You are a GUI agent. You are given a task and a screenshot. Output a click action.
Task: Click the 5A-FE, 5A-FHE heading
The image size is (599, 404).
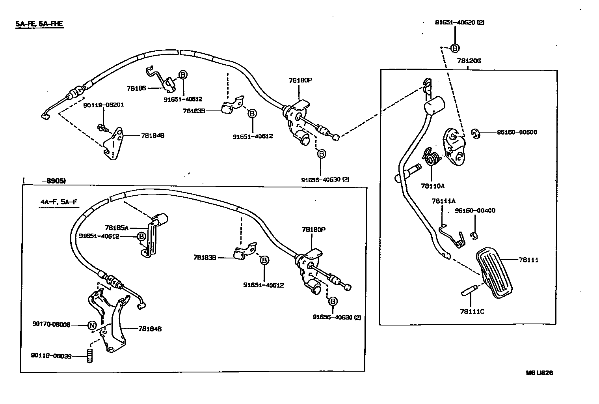[39, 24]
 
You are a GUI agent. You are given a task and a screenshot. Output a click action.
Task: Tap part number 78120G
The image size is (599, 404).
[469, 61]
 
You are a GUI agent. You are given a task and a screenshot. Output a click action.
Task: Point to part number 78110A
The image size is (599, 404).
[432, 185]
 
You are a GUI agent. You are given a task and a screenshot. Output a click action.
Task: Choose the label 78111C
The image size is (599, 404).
[472, 312]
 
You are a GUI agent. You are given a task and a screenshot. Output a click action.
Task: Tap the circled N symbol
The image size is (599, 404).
[91, 325]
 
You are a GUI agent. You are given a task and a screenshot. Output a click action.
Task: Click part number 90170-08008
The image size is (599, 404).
[51, 325]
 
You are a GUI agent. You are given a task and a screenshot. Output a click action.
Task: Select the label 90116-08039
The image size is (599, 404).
[51, 356]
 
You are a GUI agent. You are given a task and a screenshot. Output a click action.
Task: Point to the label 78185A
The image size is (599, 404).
[117, 228]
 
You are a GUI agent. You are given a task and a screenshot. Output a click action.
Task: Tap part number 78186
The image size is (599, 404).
[136, 88]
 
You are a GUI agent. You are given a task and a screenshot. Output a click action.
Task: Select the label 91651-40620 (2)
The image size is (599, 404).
[459, 22]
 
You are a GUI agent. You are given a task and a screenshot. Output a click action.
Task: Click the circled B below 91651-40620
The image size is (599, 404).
[455, 48]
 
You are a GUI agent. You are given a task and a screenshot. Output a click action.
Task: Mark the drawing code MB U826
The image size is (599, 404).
[539, 373]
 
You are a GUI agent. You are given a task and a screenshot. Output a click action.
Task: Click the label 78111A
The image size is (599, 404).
[443, 201]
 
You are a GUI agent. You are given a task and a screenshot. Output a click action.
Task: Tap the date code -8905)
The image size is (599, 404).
[53, 181]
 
